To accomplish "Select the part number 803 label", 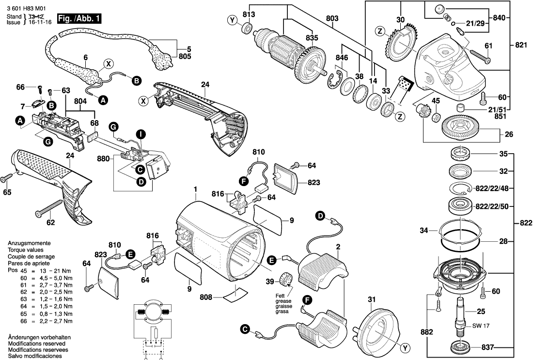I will pyautogui.click(x=332, y=18).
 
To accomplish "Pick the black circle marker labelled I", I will pyautogui.click(x=140, y=133).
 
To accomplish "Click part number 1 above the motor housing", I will pyautogui.click(x=196, y=188).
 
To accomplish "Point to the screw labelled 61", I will pyautogui.click(x=479, y=57).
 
